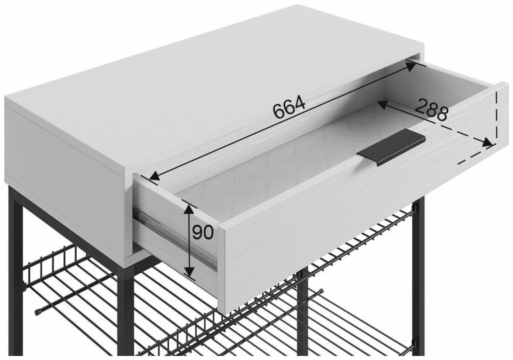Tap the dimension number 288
431,110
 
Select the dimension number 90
203,232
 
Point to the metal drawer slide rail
175,239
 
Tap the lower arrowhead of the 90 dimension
189,271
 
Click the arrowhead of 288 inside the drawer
383,104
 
